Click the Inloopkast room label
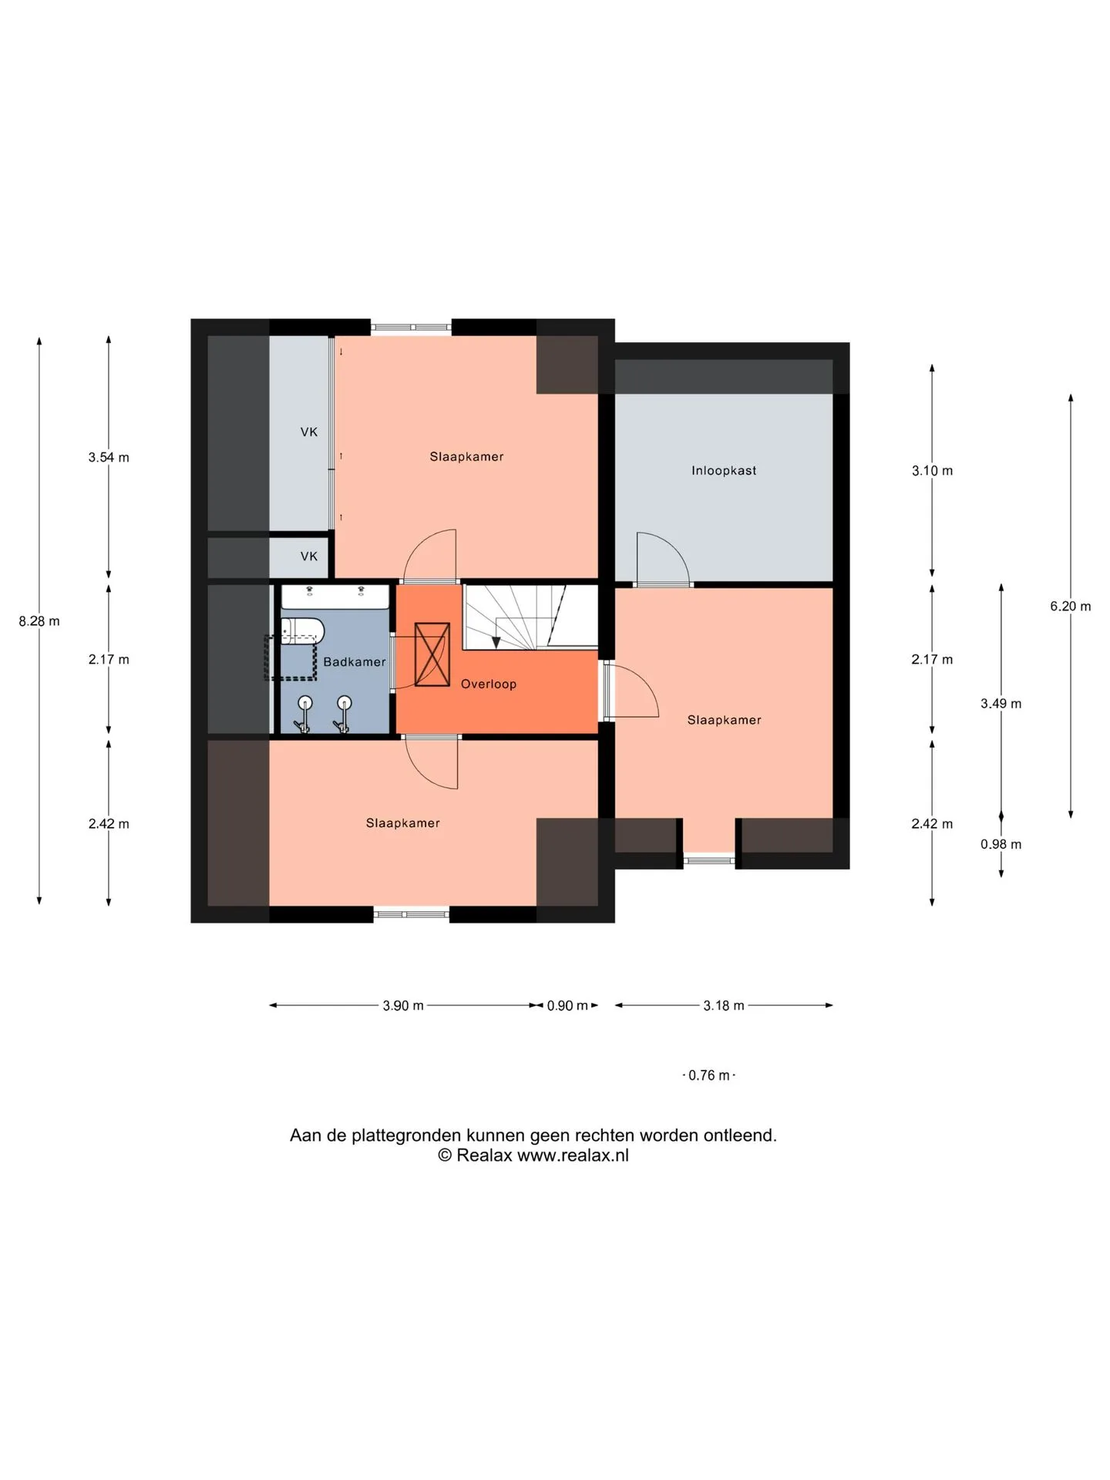724,470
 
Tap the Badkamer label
355,661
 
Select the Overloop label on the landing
489,684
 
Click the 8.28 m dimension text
39,621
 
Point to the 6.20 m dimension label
1071,607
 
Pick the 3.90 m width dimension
403,1006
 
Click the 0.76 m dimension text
709,1075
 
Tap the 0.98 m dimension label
1001,844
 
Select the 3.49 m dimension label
1001,703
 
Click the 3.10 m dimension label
933,470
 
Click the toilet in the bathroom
302,631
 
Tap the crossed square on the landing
432,654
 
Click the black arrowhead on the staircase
496,643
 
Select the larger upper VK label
309,432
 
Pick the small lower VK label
309,557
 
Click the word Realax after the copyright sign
484,1155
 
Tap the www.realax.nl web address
573,1155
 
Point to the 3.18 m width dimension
724,1006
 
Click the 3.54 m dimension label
109,457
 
